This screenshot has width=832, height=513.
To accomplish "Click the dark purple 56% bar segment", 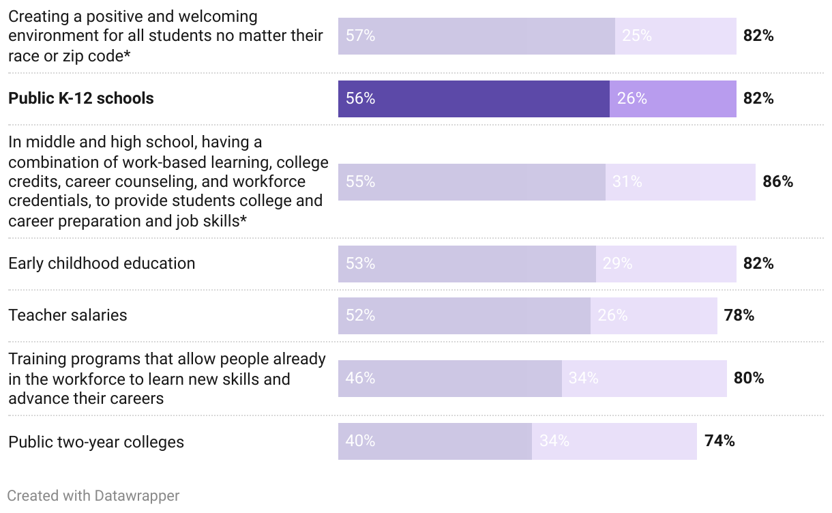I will pyautogui.click(x=473, y=99).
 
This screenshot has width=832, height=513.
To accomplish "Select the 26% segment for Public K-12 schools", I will pyautogui.click(x=672, y=99).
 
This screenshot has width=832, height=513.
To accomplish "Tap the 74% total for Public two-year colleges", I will pyautogui.click(x=719, y=441).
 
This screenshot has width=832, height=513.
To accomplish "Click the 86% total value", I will pyautogui.click(x=777, y=182).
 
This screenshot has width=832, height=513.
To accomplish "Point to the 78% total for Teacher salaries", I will pyautogui.click(x=739, y=315).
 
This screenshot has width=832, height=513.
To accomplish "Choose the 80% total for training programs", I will pyautogui.click(x=749, y=378).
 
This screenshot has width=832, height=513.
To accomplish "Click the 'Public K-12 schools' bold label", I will pyautogui.click(x=81, y=98).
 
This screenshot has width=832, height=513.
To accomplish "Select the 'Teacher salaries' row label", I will pyautogui.click(x=68, y=315).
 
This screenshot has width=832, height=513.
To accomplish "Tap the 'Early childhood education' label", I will pyautogui.click(x=102, y=263).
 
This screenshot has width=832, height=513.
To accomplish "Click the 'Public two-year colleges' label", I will pyautogui.click(x=96, y=442).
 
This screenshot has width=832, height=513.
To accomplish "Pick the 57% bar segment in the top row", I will pyautogui.click(x=476, y=36).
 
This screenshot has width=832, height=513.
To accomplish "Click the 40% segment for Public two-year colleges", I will pyautogui.click(x=434, y=441).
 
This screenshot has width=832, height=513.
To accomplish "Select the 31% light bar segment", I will pyautogui.click(x=680, y=182).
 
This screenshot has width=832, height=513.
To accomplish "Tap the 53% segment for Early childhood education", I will pyautogui.click(x=466, y=264).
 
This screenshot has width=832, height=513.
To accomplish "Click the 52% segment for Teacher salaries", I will pyautogui.click(x=464, y=316).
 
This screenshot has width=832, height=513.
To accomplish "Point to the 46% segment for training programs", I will pyautogui.click(x=449, y=379).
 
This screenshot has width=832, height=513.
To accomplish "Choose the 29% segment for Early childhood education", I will pyautogui.click(x=666, y=264).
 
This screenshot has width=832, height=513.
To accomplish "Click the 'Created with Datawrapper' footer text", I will pyautogui.click(x=93, y=496).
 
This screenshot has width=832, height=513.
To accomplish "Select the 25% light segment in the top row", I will pyautogui.click(x=675, y=36).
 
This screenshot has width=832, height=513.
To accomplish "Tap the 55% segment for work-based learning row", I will pyautogui.click(x=471, y=182).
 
